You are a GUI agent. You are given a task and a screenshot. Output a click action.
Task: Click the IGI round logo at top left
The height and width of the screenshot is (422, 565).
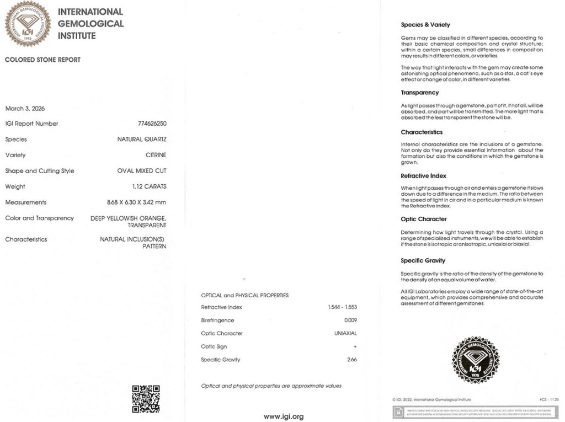28,24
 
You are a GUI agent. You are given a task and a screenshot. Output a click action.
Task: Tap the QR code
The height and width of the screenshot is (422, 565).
146,399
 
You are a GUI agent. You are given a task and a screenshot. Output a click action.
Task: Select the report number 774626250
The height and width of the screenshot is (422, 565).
152,124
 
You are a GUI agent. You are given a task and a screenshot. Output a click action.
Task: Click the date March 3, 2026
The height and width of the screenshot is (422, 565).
25,109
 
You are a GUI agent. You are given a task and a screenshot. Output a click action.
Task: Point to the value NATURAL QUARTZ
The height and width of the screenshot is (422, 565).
142,140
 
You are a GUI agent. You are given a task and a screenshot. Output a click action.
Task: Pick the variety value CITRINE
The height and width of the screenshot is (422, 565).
156,156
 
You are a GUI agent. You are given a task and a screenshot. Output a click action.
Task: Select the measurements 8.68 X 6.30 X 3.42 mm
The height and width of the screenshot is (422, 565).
136,202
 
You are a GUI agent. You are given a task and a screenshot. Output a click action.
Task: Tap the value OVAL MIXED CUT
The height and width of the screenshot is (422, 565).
142,171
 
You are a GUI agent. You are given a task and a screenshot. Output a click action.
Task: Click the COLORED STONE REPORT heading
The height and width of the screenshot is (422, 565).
42,60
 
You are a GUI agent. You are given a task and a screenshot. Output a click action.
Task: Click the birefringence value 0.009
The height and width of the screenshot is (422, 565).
350,320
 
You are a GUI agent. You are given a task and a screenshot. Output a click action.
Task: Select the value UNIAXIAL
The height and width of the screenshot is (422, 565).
345,334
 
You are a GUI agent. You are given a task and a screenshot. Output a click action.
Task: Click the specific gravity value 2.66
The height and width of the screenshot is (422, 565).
351,360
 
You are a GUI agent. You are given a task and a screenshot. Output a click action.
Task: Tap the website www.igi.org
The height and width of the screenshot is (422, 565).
283,416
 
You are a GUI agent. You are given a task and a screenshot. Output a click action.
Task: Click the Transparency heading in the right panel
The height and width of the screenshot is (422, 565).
420,93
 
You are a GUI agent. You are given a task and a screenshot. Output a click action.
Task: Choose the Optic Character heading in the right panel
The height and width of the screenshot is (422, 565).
424,219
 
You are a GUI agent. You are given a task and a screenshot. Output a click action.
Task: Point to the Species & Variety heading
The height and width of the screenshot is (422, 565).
425,25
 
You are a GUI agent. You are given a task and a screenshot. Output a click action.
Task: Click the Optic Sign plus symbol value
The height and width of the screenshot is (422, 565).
355,347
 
